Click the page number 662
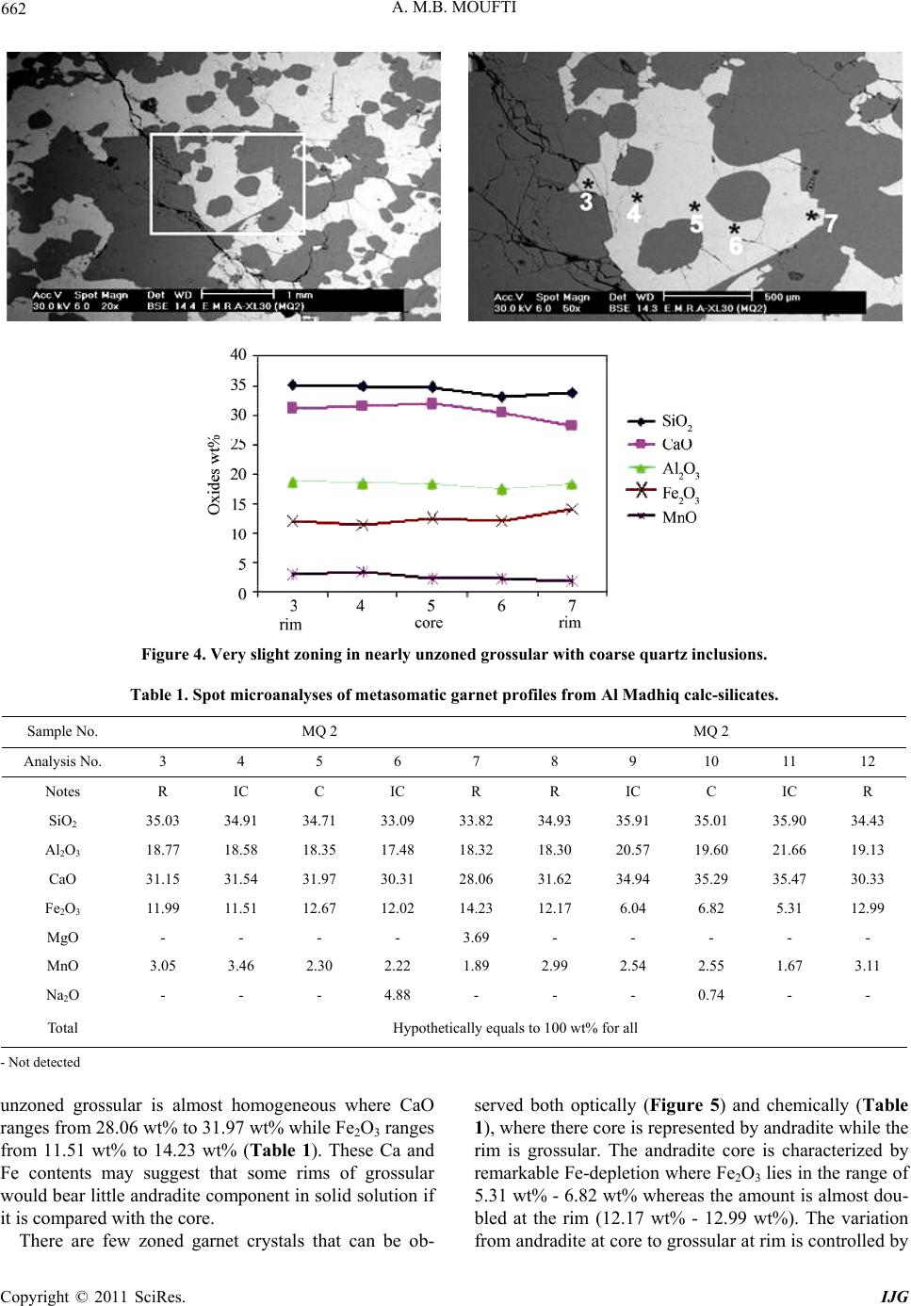[13, 8]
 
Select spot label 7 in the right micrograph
[829, 223]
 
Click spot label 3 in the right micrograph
[586, 202]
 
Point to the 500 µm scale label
[782, 297]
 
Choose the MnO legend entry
[662, 517]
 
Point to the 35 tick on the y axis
[239, 384]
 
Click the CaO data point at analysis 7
[572, 425]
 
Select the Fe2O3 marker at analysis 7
[572, 509]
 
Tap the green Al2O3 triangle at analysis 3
[293, 482]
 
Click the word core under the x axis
[429, 622]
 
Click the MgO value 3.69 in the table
[476, 937]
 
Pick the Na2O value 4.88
[397, 994]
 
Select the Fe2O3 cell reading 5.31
[789, 907]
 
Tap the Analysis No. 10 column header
[710, 760]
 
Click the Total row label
[62, 1027]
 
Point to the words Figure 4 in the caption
[173, 654]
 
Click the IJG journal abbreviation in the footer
[894, 1296]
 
